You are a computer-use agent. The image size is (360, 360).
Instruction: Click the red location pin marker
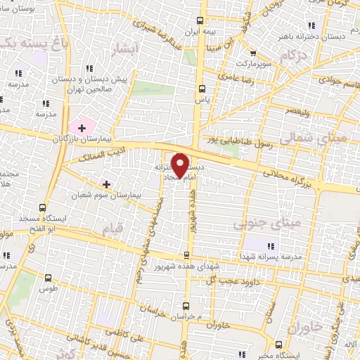pyautogui.click(x=180, y=165)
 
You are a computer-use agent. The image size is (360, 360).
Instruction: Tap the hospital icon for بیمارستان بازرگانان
pyautogui.click(x=83, y=128)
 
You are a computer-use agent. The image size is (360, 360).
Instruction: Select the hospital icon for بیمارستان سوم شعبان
pyautogui.click(x=106, y=184)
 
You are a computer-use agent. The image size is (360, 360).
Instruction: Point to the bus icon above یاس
pyautogui.click(x=202, y=89)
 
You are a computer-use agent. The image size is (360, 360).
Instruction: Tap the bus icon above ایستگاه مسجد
pyautogui.click(x=44, y=207)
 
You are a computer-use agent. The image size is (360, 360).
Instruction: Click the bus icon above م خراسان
pyautogui.click(x=186, y=305)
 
